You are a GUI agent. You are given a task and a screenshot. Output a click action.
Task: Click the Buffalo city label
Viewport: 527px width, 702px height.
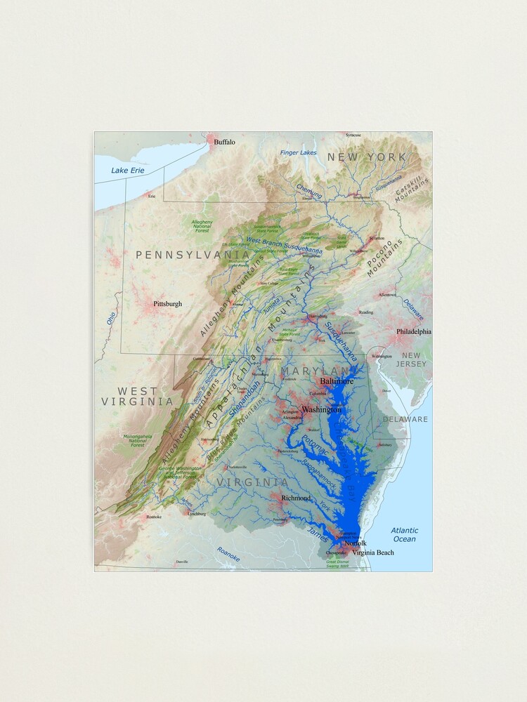pos(225,142)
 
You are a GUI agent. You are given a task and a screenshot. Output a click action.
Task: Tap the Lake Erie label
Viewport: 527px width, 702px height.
pos(127,171)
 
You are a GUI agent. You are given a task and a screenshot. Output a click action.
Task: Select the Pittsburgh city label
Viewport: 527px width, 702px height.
pos(167,304)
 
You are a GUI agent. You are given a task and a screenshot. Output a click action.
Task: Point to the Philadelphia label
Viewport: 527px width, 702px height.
pos(414,331)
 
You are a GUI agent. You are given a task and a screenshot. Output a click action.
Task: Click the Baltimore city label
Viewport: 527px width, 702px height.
pos(337,381)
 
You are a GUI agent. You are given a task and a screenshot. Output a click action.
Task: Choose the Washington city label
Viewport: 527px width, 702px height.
pos(321,409)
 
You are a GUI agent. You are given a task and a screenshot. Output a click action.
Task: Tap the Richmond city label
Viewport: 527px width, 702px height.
pos(296,498)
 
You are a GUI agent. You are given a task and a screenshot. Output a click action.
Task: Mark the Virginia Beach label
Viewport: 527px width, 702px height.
pos(373,552)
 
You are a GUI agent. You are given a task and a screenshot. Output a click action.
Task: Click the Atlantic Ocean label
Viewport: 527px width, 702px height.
pos(405,535)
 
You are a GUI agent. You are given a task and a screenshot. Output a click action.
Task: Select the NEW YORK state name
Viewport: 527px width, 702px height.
pos(366,157)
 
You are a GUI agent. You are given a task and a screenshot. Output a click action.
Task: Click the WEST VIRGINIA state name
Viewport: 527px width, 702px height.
pos(137,397)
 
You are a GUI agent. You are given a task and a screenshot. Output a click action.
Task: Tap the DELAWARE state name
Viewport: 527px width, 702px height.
pos(405,419)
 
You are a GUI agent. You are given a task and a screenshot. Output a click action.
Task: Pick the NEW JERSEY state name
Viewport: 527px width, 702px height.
pos(411,360)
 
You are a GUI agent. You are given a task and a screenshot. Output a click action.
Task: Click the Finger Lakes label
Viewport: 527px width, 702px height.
pos(299,152)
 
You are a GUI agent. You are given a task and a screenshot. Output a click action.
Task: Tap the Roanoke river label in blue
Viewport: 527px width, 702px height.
pos(228,554)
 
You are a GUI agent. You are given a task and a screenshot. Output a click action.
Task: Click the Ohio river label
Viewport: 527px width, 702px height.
pos(110,318)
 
